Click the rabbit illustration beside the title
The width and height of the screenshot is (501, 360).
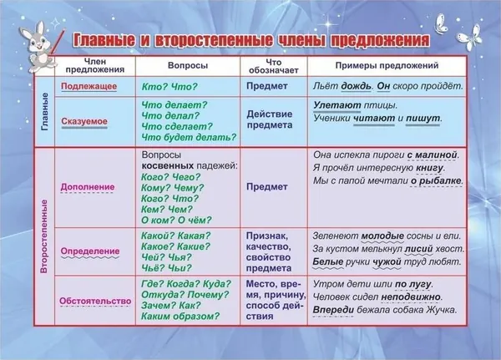(38, 47)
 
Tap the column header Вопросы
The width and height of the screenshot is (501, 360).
(188, 65)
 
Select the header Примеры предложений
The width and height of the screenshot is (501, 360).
(387, 65)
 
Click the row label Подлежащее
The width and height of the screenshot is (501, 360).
(89, 86)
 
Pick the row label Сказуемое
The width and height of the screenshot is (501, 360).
(84, 121)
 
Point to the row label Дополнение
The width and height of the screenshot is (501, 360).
(88, 187)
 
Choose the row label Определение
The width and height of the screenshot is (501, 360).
(90, 251)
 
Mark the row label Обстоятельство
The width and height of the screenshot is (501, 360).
(95, 302)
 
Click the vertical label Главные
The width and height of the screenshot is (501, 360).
(45, 112)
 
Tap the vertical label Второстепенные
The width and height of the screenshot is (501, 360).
(44, 236)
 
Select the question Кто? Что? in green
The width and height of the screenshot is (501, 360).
(170, 87)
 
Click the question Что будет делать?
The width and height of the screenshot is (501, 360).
(189, 138)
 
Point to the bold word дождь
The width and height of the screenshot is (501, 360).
(357, 86)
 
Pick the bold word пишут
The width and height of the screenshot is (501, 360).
(423, 119)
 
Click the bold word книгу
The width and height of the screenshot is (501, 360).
(430, 168)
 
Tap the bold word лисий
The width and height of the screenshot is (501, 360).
(419, 248)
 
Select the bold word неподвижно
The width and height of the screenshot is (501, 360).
(411, 297)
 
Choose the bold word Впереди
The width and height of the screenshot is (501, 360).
(333, 310)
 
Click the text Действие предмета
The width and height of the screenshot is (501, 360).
(270, 119)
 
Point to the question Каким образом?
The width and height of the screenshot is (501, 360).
(180, 317)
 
